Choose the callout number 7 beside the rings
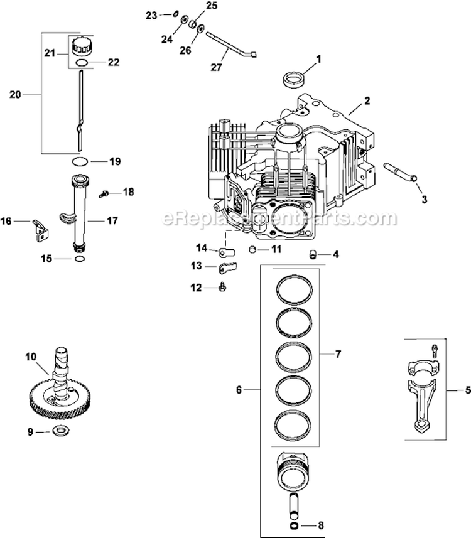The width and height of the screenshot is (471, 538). [x=338, y=355]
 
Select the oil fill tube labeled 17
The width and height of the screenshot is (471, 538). [x=80, y=213]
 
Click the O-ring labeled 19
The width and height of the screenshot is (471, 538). [x=80, y=161]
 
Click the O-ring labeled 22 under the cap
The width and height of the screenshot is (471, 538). [x=79, y=63]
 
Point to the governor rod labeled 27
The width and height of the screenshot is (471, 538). [x=226, y=43]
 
